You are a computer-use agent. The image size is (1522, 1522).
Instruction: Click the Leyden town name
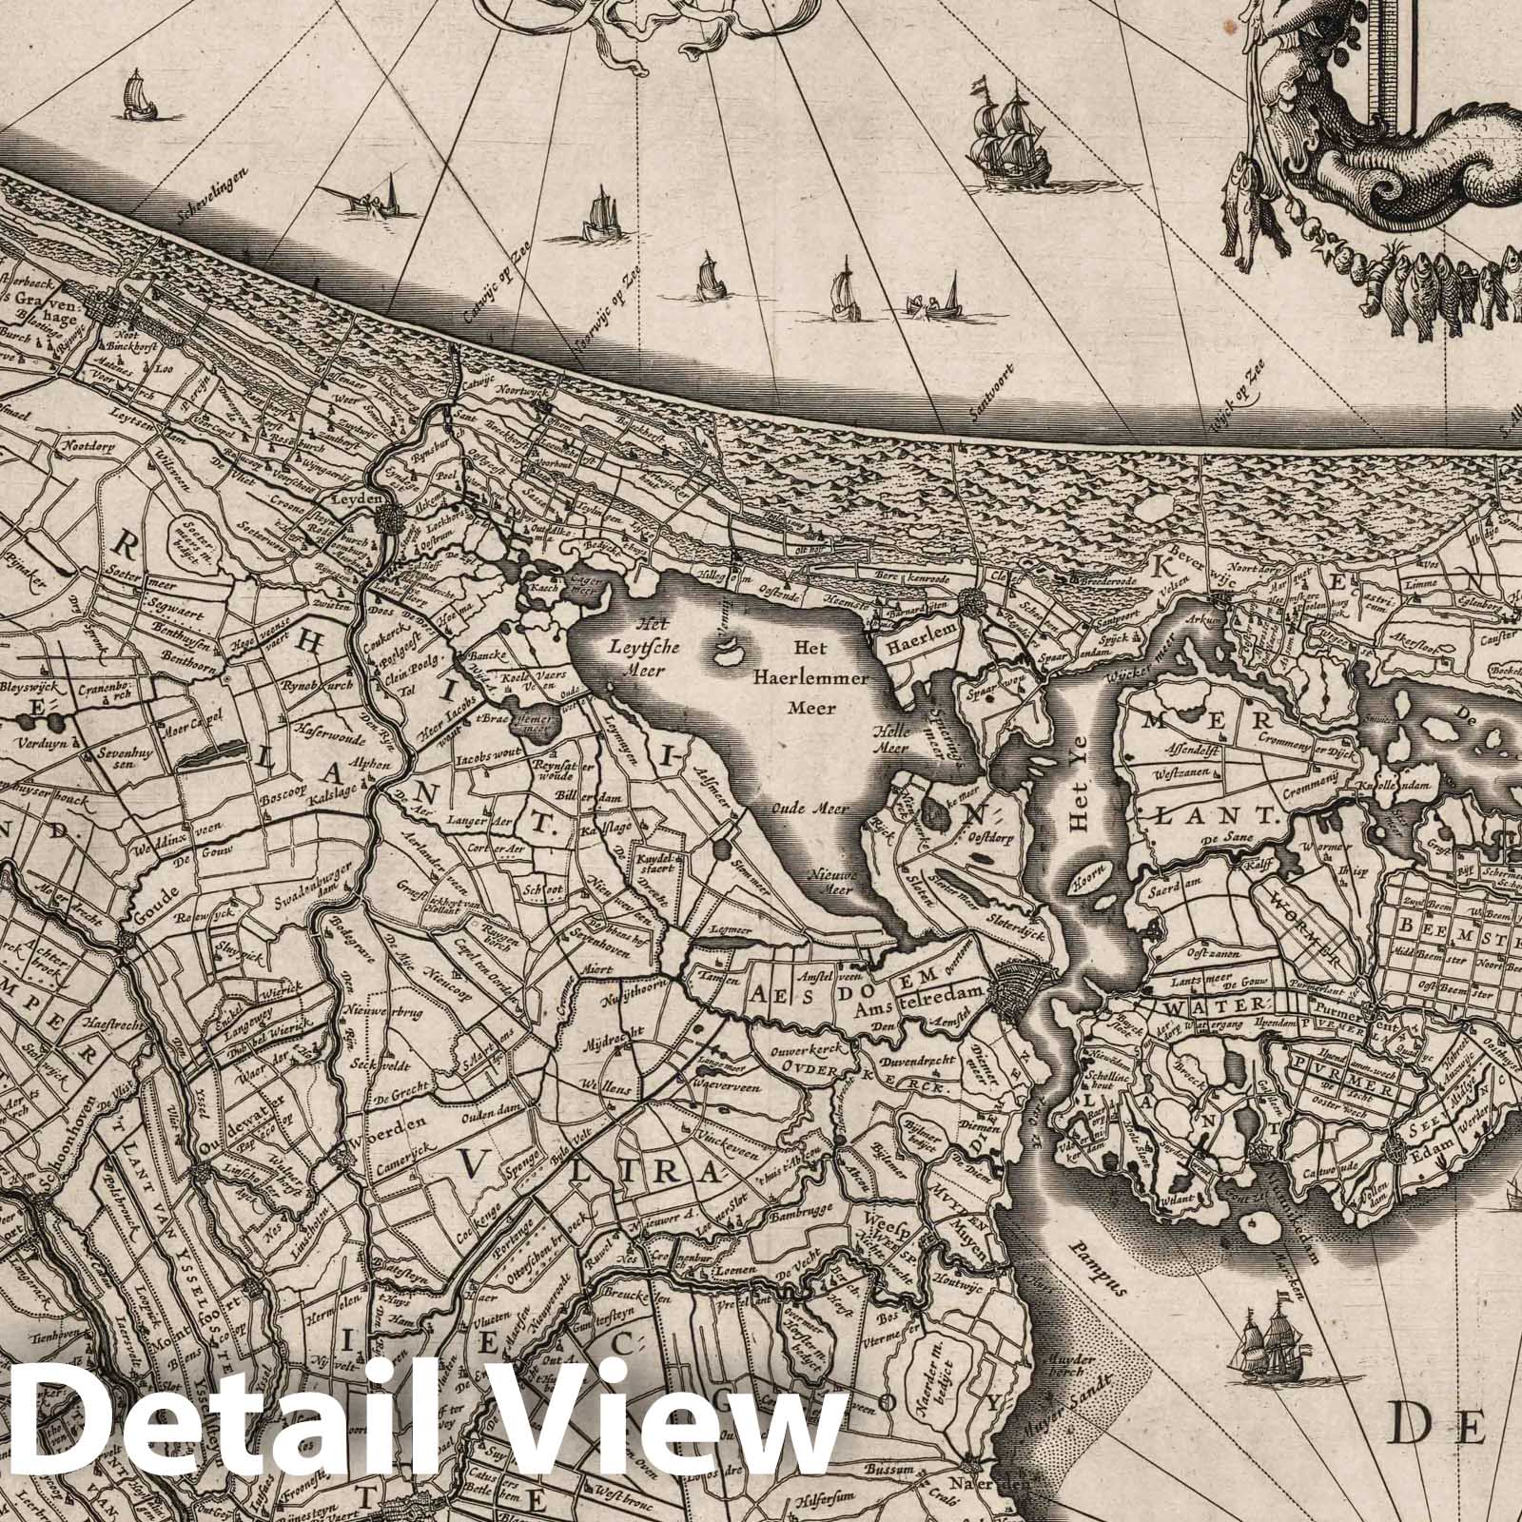359,498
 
